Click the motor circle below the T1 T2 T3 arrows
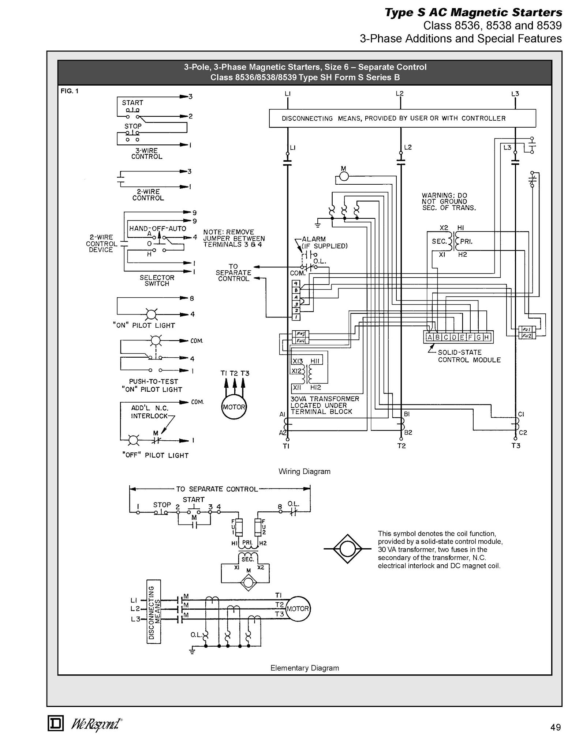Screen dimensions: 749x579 [x=234, y=407]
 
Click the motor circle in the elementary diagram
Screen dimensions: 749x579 [x=298, y=609]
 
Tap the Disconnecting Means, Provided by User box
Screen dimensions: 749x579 [x=402, y=118]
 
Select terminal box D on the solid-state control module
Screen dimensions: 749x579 [x=454, y=337]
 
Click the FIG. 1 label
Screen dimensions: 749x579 [x=70, y=91]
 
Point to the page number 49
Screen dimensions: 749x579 [x=555, y=727]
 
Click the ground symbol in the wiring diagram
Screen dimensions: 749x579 [x=317, y=224]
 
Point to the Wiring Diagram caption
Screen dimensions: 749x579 [x=304, y=471]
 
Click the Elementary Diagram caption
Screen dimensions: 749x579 [x=305, y=668]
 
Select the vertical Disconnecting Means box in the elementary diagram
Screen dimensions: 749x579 [x=154, y=609]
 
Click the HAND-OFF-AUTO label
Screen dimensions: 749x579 [x=157, y=228]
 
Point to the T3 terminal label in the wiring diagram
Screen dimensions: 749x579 [x=516, y=445]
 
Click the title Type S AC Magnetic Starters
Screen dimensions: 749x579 [x=473, y=12]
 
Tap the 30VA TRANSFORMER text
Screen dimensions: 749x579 [x=325, y=399]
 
